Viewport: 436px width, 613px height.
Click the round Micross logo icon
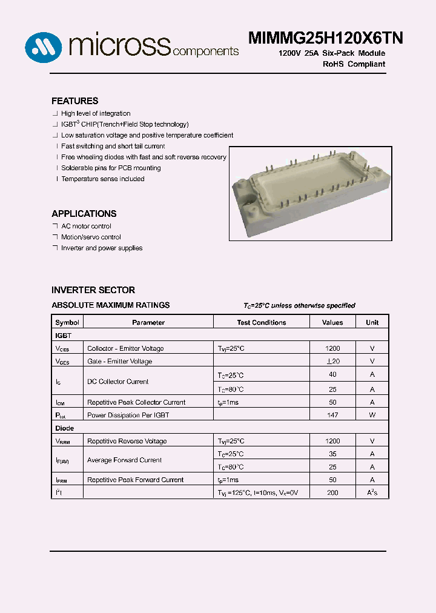(44, 45)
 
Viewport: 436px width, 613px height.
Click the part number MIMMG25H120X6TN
(325, 38)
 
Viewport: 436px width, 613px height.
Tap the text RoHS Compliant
(354, 64)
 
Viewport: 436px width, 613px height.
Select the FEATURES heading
(74, 101)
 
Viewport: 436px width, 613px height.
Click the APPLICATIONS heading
(84, 214)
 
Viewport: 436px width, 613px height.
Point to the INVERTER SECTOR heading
(93, 290)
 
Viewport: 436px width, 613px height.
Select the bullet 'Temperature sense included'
(102, 179)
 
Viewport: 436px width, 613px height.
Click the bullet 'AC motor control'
(86, 226)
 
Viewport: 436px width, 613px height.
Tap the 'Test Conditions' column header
(262, 323)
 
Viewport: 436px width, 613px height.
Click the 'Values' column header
(332, 323)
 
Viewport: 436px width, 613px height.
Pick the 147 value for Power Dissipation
(332, 415)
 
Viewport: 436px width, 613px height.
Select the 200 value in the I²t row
(332, 493)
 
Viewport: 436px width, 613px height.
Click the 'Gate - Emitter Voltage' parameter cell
(119, 362)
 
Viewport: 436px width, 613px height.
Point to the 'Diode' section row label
(64, 428)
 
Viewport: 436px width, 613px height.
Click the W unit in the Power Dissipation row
(372, 415)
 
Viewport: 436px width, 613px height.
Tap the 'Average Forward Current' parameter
(124, 460)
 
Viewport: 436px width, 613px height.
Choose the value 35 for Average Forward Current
(332, 454)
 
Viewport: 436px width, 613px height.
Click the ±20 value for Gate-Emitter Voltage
(332, 362)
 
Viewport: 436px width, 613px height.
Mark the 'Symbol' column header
(67, 323)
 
